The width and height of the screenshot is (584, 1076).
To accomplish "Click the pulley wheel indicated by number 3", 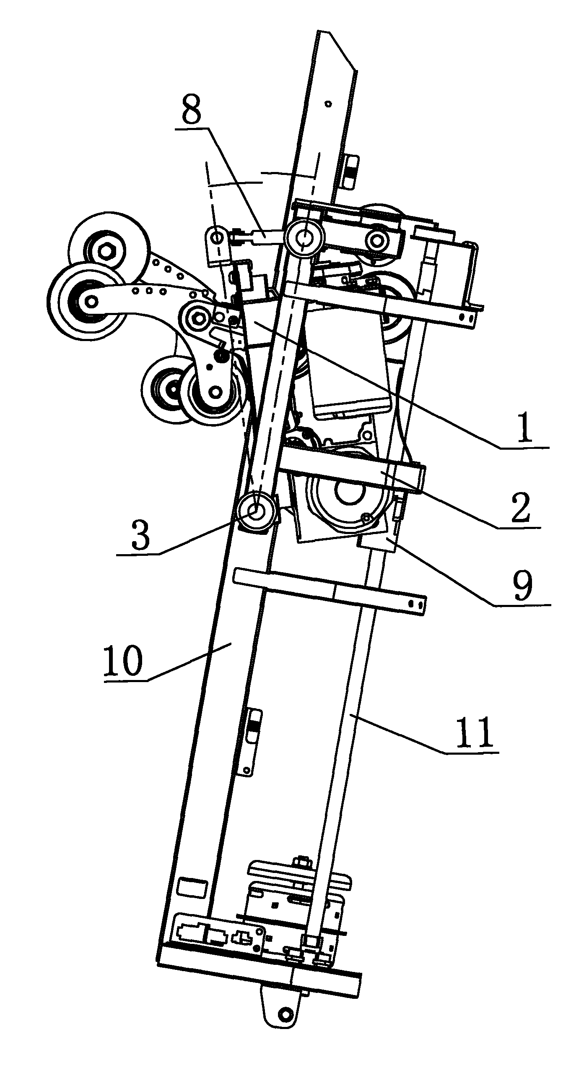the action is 256,511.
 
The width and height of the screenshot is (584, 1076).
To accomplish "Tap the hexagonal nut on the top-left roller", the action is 104,251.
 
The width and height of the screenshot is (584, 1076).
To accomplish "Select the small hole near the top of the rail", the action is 328,103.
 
